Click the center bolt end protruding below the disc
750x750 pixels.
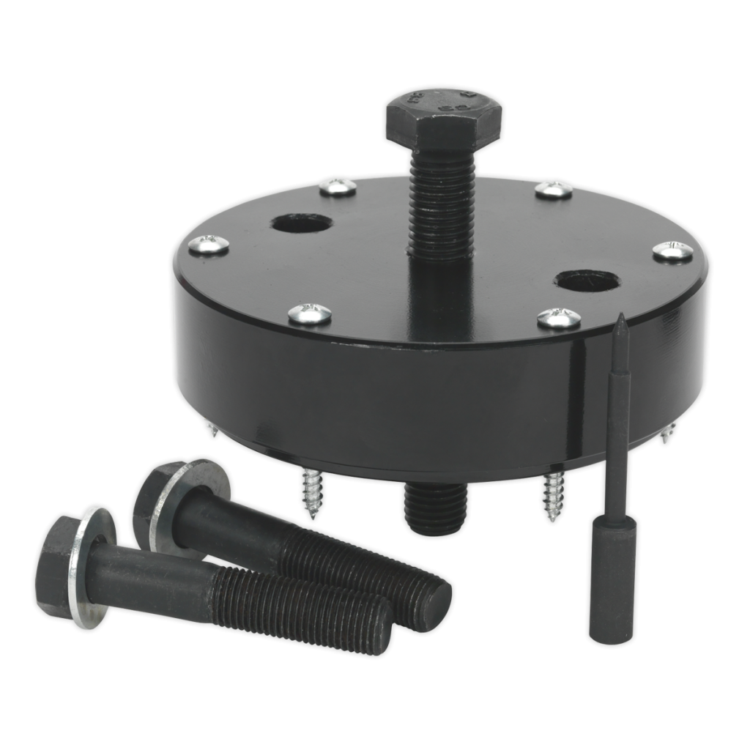pos(435,509)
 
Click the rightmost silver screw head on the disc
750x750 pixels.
pos(672,250)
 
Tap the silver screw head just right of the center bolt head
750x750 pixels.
pos(554,190)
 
